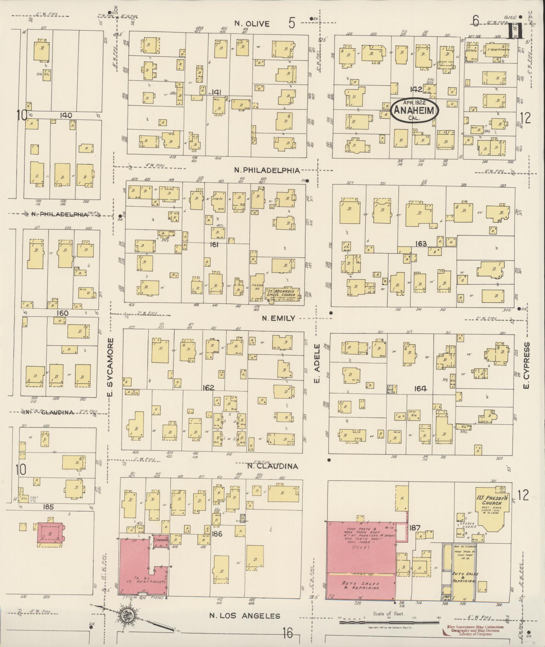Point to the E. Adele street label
tap(317, 364)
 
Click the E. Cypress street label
tap(526, 365)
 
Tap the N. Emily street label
tap(279, 318)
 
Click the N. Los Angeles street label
tap(245, 616)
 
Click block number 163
tap(421, 244)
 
